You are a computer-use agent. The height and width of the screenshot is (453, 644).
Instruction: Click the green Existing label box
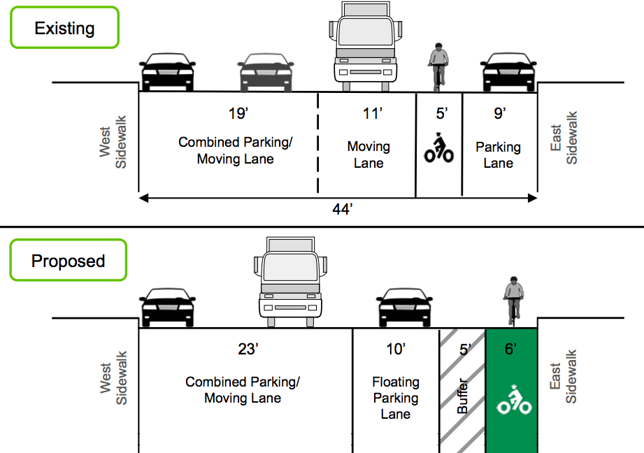tap(64, 29)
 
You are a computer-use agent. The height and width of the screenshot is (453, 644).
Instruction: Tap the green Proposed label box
tap(68, 261)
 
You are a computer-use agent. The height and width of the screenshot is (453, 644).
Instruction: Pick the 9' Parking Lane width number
tap(499, 113)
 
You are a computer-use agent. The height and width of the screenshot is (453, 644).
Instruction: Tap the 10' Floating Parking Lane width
tap(396, 350)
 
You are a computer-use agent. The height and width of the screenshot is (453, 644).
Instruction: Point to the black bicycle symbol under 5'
tap(439, 148)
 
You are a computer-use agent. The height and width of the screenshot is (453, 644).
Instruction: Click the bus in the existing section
tap(364, 45)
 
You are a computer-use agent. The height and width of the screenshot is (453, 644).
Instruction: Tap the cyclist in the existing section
tap(438, 65)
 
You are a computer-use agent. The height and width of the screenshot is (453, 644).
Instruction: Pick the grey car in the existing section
tap(266, 72)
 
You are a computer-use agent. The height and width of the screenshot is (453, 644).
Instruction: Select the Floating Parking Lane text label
tap(396, 398)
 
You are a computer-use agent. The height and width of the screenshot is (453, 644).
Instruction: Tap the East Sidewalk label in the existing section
tap(564, 138)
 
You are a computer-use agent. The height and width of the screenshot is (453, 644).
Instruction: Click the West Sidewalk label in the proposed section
tap(113, 377)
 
